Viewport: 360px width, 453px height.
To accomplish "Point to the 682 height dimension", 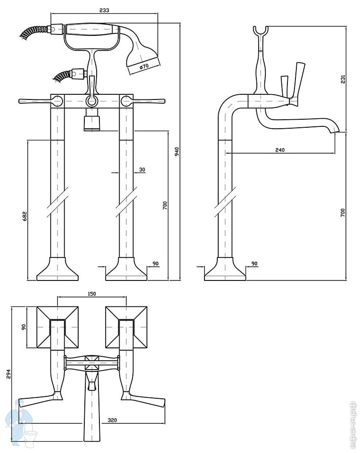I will [25, 215].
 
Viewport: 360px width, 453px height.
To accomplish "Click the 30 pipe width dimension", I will [142, 170].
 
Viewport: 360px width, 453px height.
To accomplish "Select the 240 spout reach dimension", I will [280, 150].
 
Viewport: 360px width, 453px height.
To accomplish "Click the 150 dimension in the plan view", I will [92, 294].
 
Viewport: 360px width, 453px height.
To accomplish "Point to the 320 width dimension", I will [112, 419].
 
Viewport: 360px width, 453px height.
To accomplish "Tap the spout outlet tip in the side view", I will [335, 131].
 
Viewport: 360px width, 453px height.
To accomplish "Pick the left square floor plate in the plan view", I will [57, 327].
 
